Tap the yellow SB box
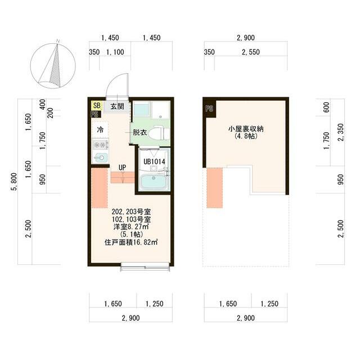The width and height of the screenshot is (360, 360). coord(96,105)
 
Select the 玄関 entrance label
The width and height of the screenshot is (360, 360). coord(116,106)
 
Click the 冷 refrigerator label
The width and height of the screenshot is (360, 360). coord(100,129)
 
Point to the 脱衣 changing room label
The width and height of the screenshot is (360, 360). coord(139,133)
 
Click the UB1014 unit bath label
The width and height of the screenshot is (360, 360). coord(154,161)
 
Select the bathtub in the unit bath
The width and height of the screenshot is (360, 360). coord(154,182)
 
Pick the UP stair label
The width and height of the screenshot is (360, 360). coord(121,167)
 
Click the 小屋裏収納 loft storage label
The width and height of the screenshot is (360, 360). coord(246,129)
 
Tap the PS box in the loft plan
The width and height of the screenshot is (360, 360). coord(209,109)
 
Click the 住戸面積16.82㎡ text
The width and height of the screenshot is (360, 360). coord(131,243)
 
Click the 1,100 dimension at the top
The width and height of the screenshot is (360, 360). coord(115,52)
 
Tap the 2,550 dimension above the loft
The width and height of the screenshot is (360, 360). coord(250,52)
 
